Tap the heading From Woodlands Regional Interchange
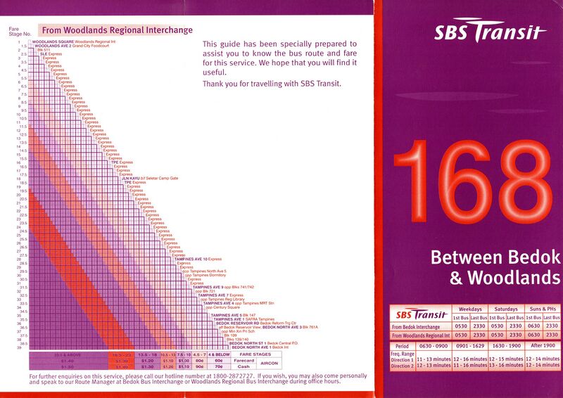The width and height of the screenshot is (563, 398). coord(117,30)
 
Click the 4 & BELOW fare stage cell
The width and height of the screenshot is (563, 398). coord(219,354)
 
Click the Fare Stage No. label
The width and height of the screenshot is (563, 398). coord(18,31)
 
